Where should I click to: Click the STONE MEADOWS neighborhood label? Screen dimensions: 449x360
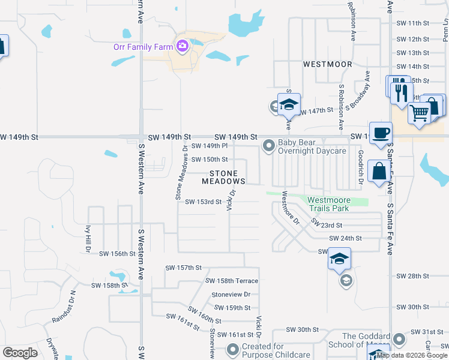(x=223, y=177)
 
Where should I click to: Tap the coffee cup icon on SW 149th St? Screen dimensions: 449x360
(x=381, y=133)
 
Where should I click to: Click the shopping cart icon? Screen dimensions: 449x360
(x=420, y=112)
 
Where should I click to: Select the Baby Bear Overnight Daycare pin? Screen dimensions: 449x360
(x=269, y=146)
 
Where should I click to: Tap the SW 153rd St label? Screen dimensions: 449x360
(x=203, y=202)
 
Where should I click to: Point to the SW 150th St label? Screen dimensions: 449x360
(x=209, y=160)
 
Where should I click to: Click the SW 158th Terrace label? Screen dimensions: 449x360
(x=232, y=281)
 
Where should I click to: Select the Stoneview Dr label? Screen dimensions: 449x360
(x=231, y=295)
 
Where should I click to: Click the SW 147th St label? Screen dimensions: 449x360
(x=316, y=111)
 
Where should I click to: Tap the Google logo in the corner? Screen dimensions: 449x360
(x=20, y=353)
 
